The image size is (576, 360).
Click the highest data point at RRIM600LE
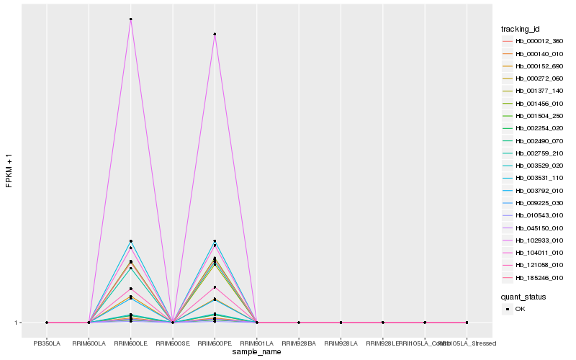coord(131,19)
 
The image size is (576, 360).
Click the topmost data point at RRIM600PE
coord(215,35)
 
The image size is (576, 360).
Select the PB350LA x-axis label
coord(47,343)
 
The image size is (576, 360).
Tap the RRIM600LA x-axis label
coord(89,343)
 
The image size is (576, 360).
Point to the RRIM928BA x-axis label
coord(299,343)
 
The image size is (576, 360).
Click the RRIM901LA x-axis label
coord(257,343)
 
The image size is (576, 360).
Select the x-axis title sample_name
coord(257,352)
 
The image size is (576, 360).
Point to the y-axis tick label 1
coord(17,323)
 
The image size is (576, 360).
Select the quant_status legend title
coord(523,297)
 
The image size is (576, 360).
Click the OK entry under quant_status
coord(520,309)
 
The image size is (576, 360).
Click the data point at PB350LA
coord(47,323)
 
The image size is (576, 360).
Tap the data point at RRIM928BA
coord(299,323)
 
